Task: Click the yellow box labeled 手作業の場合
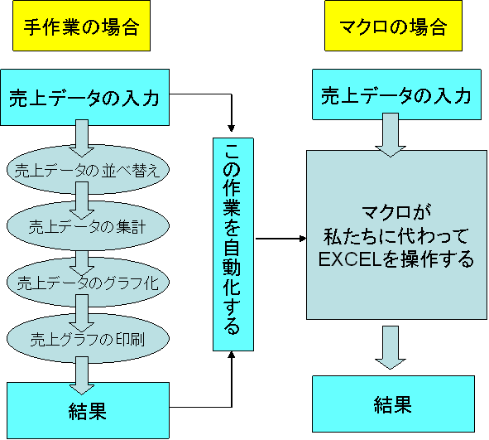pyautogui.click(x=81, y=26)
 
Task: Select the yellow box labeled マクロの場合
pyautogui.click(x=393, y=26)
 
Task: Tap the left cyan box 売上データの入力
pyautogui.click(x=85, y=98)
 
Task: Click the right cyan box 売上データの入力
pyautogui.click(x=396, y=94)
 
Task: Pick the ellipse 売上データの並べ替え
pyautogui.click(x=88, y=169)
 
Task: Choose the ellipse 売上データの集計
pyautogui.click(x=88, y=225)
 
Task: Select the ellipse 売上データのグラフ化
pyautogui.click(x=88, y=282)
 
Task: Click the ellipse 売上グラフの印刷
pyautogui.click(x=88, y=339)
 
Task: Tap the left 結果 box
pyautogui.click(x=88, y=410)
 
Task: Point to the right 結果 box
pyautogui.click(x=393, y=404)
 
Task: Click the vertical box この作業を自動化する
pyautogui.click(x=233, y=244)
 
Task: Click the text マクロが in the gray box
pyautogui.click(x=396, y=212)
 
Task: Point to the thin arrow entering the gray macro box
pyautogui.click(x=281, y=239)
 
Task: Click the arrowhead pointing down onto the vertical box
pyautogui.click(x=231, y=128)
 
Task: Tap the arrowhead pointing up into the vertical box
pyautogui.click(x=231, y=355)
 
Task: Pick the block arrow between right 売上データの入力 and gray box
pyautogui.click(x=391, y=135)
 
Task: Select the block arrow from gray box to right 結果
pyautogui.click(x=391, y=347)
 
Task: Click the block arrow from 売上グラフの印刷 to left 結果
pyautogui.click(x=82, y=375)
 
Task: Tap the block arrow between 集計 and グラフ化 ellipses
pyautogui.click(x=82, y=263)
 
